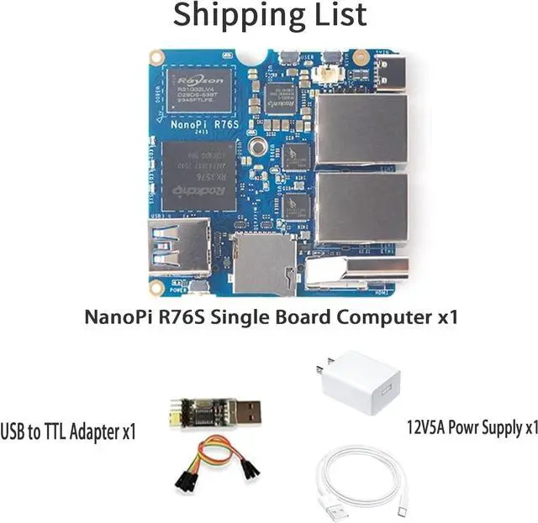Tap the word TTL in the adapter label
tap(59, 433)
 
